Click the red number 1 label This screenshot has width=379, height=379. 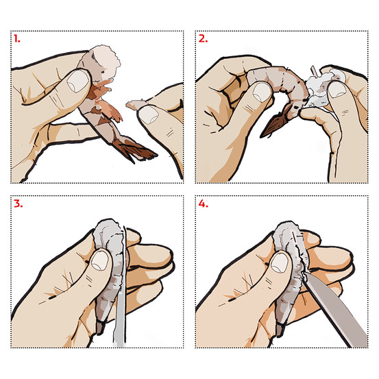[16, 38]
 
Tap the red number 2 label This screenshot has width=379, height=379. [203, 38]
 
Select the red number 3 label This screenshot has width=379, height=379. [18, 204]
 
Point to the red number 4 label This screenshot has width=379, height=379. [203, 204]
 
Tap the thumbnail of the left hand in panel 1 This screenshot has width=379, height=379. [78, 81]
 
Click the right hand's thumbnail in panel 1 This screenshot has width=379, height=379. [149, 115]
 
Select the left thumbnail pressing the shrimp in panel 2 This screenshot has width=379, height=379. [262, 92]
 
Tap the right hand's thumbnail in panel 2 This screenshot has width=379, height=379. [337, 89]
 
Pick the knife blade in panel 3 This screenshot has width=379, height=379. [121, 288]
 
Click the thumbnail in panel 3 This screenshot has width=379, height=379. [100, 260]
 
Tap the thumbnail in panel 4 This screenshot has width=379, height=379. [280, 262]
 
